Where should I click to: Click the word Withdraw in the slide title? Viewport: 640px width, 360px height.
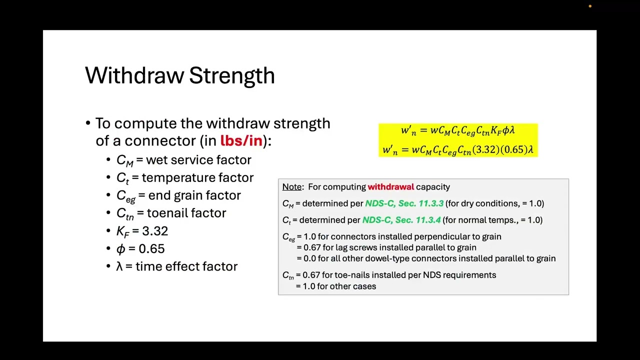134,75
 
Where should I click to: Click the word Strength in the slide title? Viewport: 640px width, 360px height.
232,75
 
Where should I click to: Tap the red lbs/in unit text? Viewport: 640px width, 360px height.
241,140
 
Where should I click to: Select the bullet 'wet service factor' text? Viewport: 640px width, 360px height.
198,160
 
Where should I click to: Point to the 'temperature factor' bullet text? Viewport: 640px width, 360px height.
197,177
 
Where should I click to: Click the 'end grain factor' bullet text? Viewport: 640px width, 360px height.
194,195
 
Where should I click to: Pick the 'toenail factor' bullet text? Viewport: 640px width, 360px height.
186,213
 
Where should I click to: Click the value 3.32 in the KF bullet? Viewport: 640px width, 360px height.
155,231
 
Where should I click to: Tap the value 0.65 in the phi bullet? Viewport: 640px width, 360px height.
151,248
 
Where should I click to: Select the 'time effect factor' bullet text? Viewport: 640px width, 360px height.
186,266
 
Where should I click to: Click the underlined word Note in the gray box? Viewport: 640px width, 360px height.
292,187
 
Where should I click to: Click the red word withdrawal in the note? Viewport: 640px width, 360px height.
390,187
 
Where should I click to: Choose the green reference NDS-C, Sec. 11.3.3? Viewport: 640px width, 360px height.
404,203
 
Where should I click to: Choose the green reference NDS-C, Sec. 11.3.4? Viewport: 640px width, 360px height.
401,220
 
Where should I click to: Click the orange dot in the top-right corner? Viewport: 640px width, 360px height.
590,6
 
